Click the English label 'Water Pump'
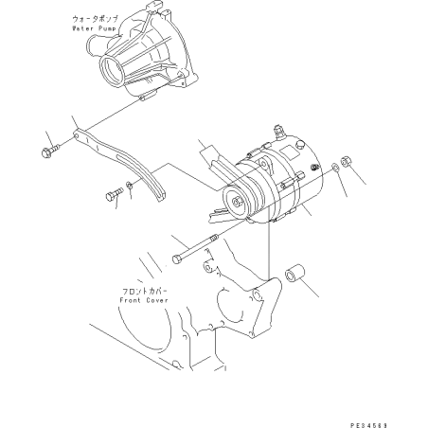pyautogui.click(x=94, y=28)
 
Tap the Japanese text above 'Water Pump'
pyautogui.click(x=95, y=19)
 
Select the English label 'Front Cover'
pyautogui.click(x=144, y=300)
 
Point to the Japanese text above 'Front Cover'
pyautogui.click(x=144, y=291)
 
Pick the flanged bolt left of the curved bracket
pyautogui.click(x=50, y=151)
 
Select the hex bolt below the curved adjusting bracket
pyautogui.click(x=114, y=193)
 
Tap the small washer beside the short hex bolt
pyautogui.click(x=130, y=186)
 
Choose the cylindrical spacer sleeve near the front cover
pyautogui.click(x=295, y=274)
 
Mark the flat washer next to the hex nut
pyautogui.click(x=335, y=167)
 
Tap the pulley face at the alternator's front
pyautogui.click(x=236, y=203)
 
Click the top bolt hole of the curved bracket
pyautogui.click(x=77, y=135)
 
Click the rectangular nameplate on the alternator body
pyautogui.click(x=290, y=152)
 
